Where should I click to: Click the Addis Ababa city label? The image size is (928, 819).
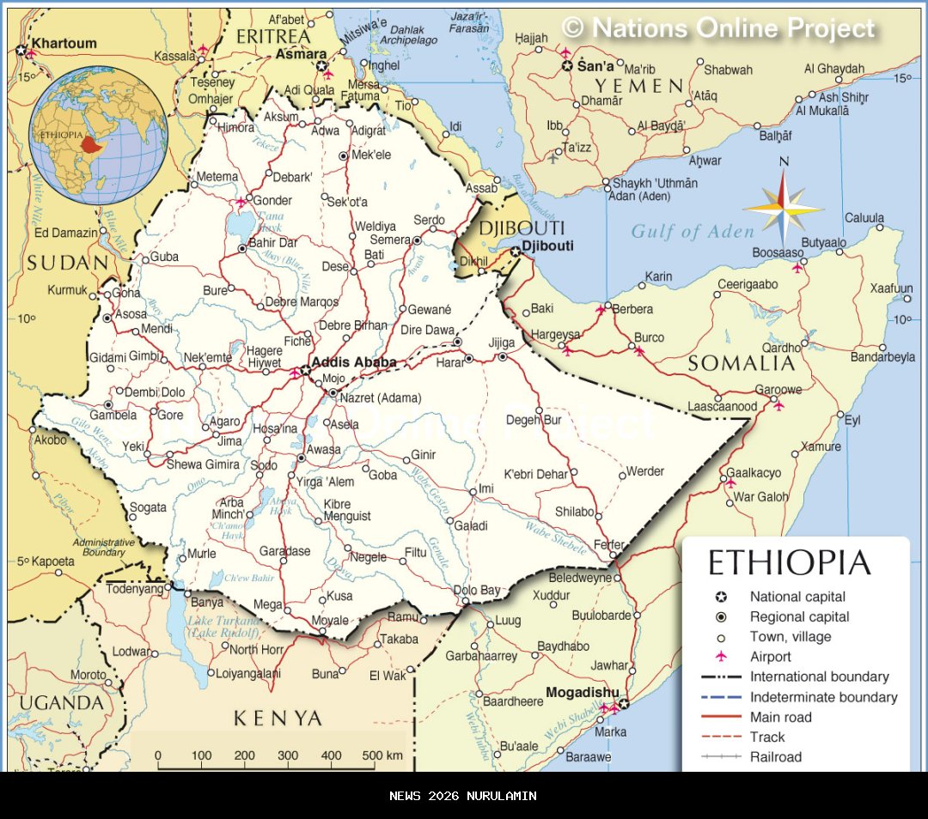click(353, 362)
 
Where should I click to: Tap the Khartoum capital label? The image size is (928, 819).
click(64, 43)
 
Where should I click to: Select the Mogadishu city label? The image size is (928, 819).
click(582, 692)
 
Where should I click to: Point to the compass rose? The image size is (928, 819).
click(783, 208)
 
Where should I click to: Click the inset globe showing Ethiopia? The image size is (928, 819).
click(99, 136)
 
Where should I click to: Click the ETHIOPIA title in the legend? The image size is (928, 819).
click(789, 563)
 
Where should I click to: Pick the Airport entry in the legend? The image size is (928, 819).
click(770, 657)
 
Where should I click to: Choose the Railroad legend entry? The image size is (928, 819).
click(775, 756)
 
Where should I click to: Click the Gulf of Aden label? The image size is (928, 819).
click(693, 231)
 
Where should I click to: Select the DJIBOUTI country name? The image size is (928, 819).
click(522, 227)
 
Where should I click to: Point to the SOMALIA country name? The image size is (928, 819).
click(742, 363)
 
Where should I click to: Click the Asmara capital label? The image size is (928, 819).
click(301, 54)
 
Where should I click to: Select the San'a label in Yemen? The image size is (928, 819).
click(595, 66)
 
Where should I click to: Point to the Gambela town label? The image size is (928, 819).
click(113, 416)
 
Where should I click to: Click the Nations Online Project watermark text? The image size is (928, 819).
click(718, 28)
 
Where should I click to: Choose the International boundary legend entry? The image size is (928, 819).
click(819, 676)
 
